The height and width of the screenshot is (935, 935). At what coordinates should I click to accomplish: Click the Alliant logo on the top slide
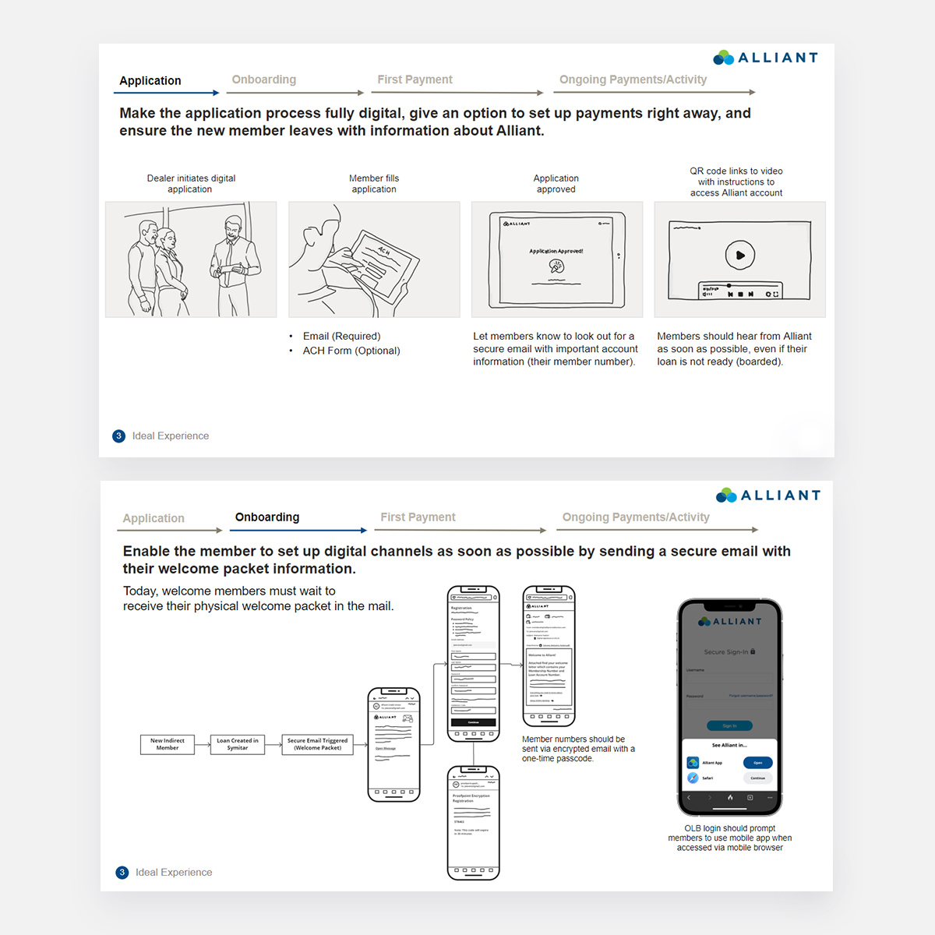[x=765, y=58]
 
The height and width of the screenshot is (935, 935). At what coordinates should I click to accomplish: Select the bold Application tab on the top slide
[x=150, y=81]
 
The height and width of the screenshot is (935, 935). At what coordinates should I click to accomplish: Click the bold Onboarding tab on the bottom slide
[x=267, y=517]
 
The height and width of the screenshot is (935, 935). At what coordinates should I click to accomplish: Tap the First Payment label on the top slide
[x=415, y=79]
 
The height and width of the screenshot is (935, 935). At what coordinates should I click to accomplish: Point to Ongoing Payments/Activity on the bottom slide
[x=636, y=517]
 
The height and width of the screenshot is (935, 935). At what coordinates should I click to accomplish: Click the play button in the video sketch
[x=739, y=255]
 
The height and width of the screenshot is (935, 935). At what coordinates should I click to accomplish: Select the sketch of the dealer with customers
[x=191, y=259]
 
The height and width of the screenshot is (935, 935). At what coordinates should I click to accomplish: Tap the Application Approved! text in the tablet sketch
[x=556, y=251]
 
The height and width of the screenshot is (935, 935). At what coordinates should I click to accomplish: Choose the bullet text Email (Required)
[x=341, y=337]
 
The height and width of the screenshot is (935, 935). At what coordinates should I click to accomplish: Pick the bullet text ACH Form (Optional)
[x=351, y=351]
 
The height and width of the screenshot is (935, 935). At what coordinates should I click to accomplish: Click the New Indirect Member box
[x=168, y=744]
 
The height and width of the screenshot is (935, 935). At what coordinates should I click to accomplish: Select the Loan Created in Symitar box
[x=238, y=744]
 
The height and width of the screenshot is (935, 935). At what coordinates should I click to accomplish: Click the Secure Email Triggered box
[x=317, y=744]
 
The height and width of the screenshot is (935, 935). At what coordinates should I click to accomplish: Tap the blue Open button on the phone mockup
[x=757, y=763]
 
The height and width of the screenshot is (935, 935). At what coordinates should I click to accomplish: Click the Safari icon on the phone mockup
[x=693, y=778]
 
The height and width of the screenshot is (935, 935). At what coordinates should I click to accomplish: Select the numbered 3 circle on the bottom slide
[x=122, y=873]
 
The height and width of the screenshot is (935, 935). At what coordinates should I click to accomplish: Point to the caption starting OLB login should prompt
[x=729, y=838]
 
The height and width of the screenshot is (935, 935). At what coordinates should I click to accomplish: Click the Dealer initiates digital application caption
[x=191, y=184]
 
